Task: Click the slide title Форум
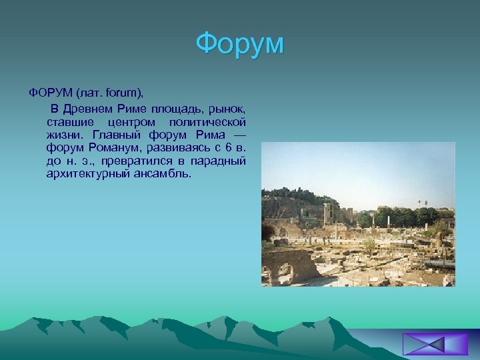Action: coord(240,44)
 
